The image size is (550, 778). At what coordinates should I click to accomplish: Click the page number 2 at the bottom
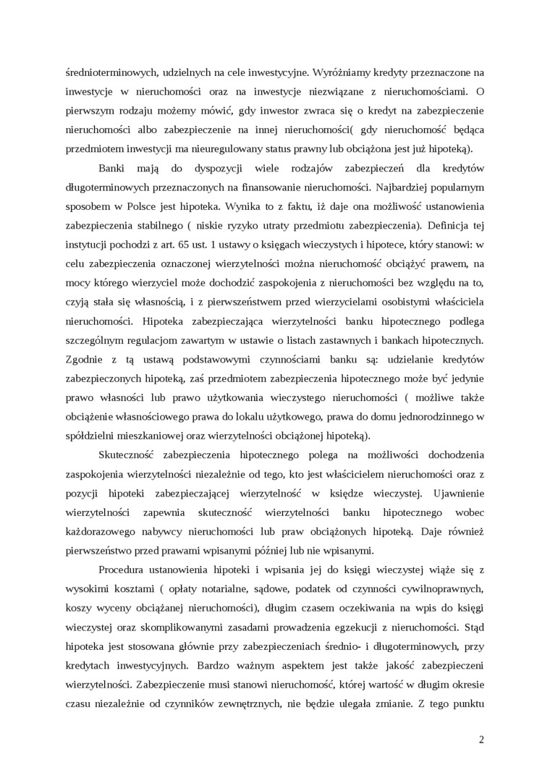tap(481, 739)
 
